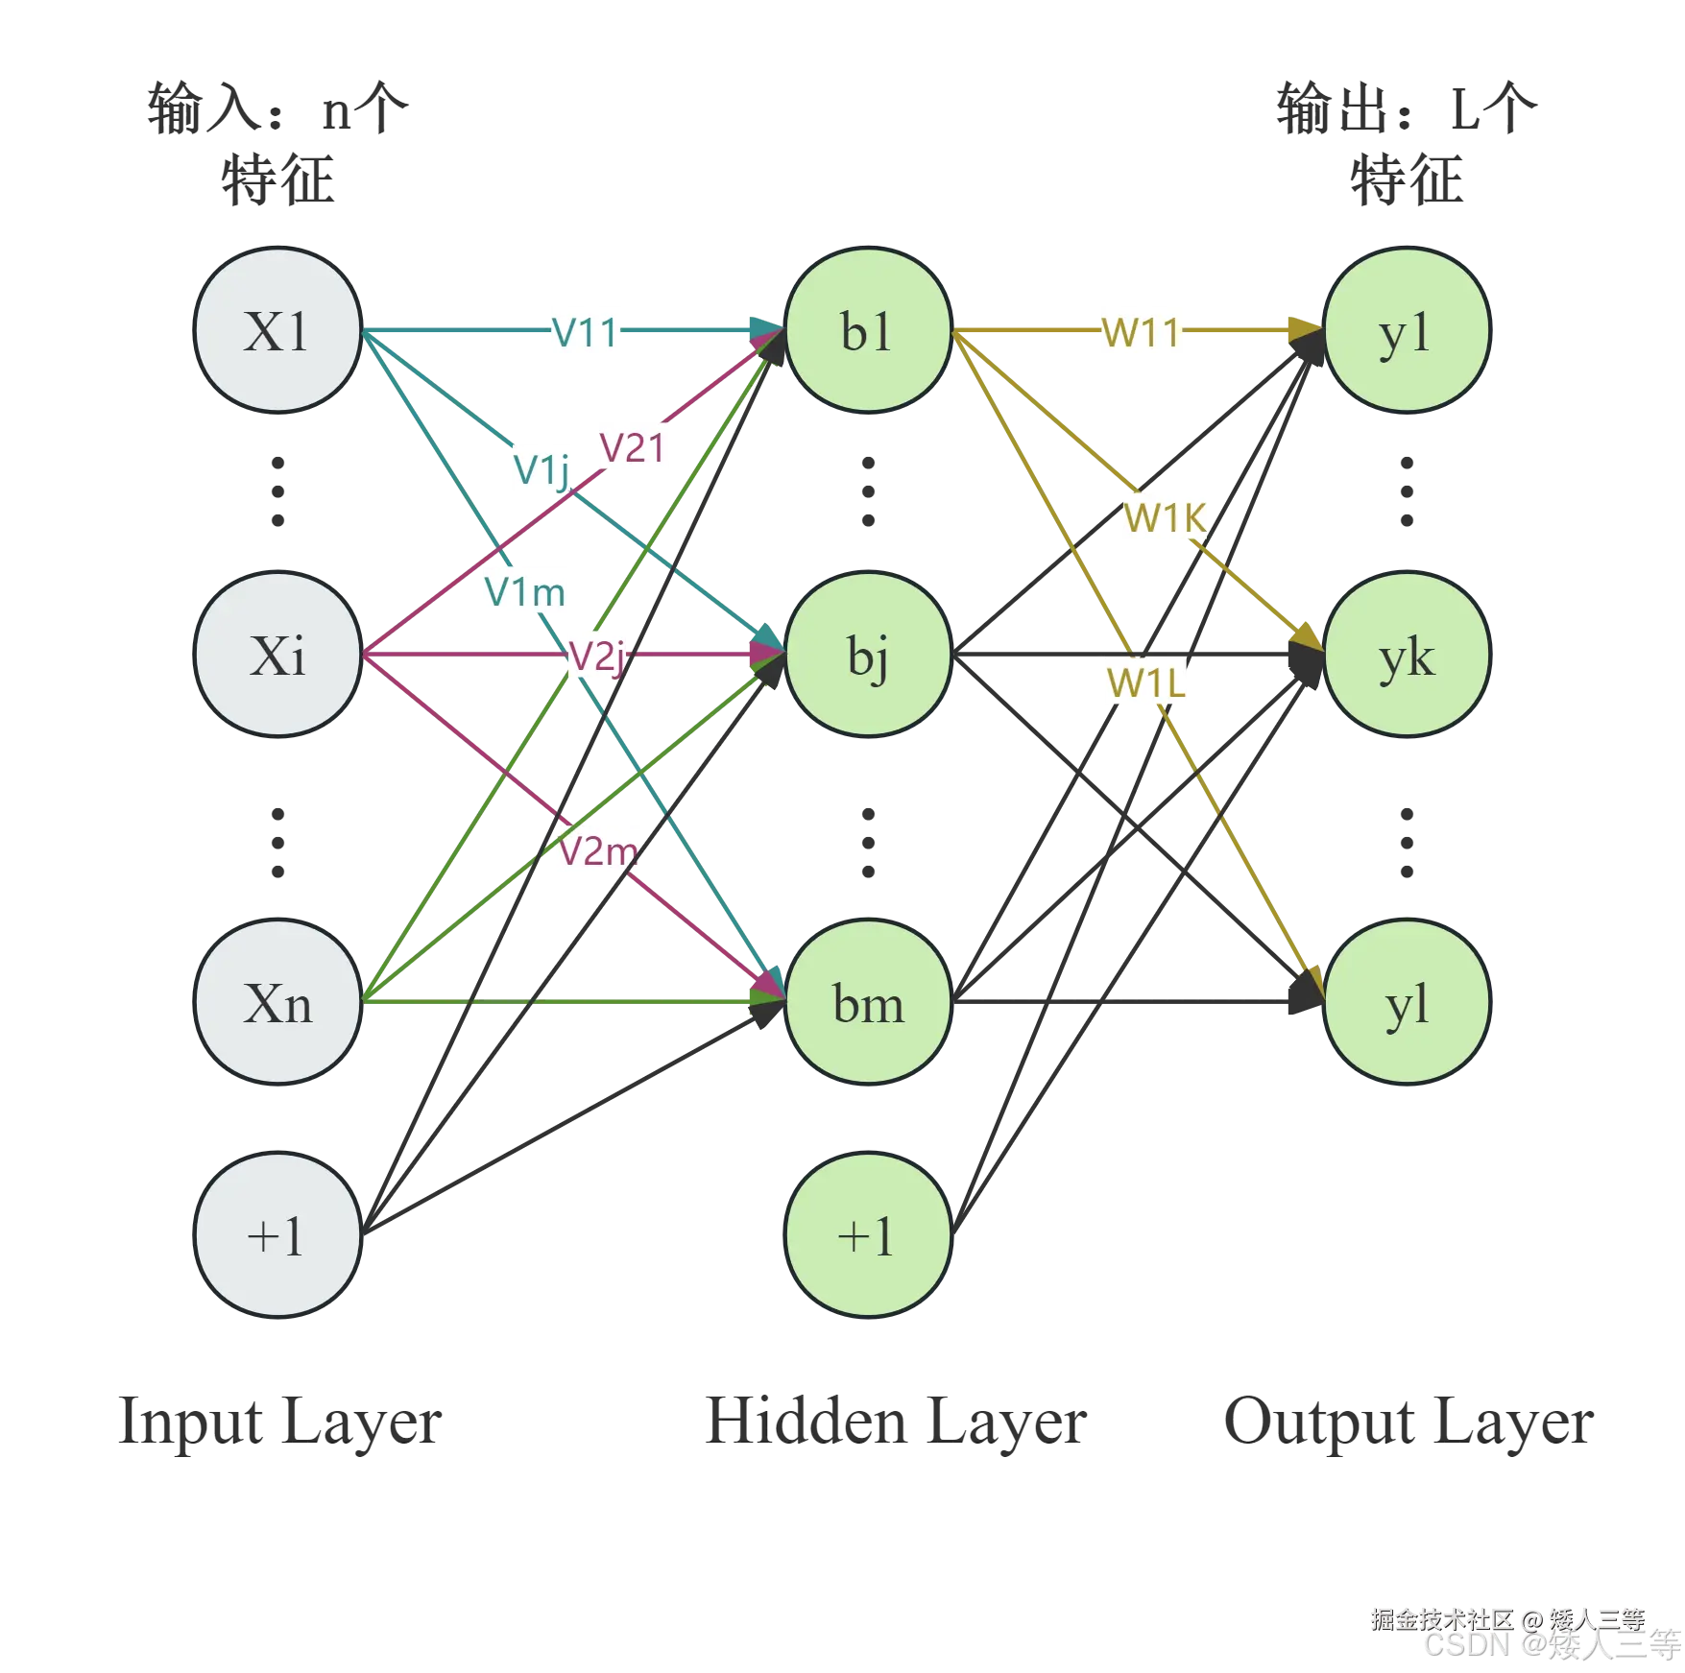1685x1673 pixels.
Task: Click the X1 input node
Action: coord(277,331)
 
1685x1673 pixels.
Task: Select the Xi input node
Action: coord(277,655)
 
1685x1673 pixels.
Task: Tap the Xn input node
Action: coord(277,1003)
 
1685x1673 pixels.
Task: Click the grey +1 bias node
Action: coord(277,1234)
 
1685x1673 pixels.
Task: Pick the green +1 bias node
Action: coord(868,1234)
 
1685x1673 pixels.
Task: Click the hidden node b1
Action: coord(868,331)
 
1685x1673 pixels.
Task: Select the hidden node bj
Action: coord(868,655)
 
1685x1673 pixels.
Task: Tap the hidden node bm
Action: coord(868,1003)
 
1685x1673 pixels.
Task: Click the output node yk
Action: coord(1407,655)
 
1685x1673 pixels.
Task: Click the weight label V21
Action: coord(637,448)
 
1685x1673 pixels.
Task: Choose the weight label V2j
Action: coord(598,657)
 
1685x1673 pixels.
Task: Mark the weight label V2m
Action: coord(598,850)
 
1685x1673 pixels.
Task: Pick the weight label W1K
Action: coord(1165,518)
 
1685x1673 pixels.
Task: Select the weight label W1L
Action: coord(1144,683)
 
